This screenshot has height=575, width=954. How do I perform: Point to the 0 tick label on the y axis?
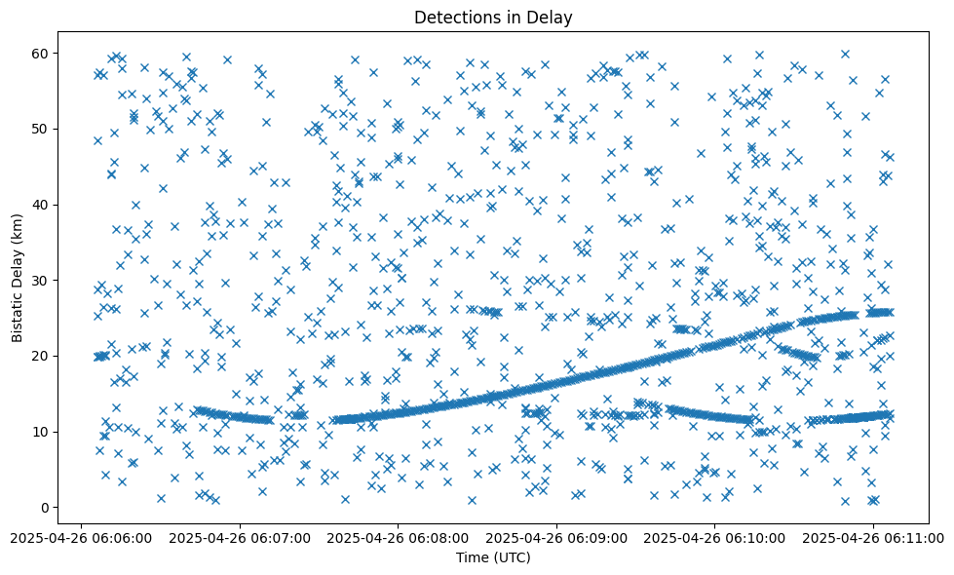[44, 508]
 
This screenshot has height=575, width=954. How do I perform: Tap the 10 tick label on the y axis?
[40, 432]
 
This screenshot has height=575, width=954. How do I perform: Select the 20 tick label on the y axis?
[40, 356]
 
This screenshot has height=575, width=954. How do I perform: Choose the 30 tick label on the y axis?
[40, 280]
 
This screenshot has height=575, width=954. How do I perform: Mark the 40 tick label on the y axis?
[40, 205]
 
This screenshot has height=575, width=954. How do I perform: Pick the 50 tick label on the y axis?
[40, 129]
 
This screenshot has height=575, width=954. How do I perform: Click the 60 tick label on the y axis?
[40, 53]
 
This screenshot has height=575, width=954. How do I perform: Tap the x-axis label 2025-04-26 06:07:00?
[240, 536]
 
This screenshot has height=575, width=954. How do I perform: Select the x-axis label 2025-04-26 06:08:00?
[399, 536]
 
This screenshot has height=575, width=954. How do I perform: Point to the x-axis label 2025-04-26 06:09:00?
[556, 536]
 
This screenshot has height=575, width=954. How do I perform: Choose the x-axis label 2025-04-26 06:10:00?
[715, 536]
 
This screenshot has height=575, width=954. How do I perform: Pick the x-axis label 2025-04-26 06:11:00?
[873, 536]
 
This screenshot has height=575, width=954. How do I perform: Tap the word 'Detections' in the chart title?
[453, 17]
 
